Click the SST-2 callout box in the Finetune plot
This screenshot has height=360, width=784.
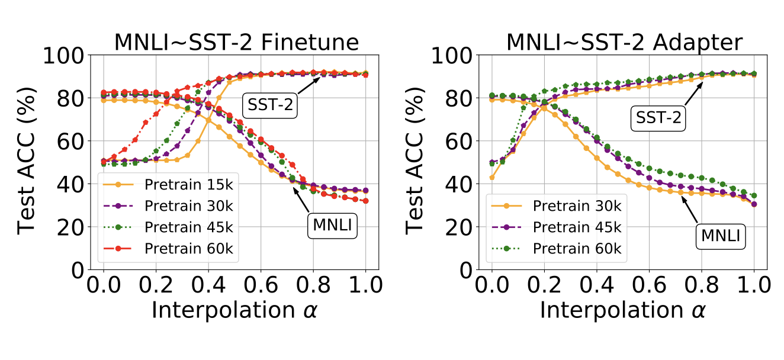pos(268,105)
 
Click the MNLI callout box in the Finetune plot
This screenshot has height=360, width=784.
pos(332,226)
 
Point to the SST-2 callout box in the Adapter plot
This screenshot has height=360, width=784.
pos(657,118)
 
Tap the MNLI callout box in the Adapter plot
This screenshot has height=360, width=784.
pos(720,236)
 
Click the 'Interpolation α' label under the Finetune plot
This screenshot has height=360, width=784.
pos(234,310)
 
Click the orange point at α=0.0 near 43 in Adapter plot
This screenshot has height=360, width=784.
pos(492,177)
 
